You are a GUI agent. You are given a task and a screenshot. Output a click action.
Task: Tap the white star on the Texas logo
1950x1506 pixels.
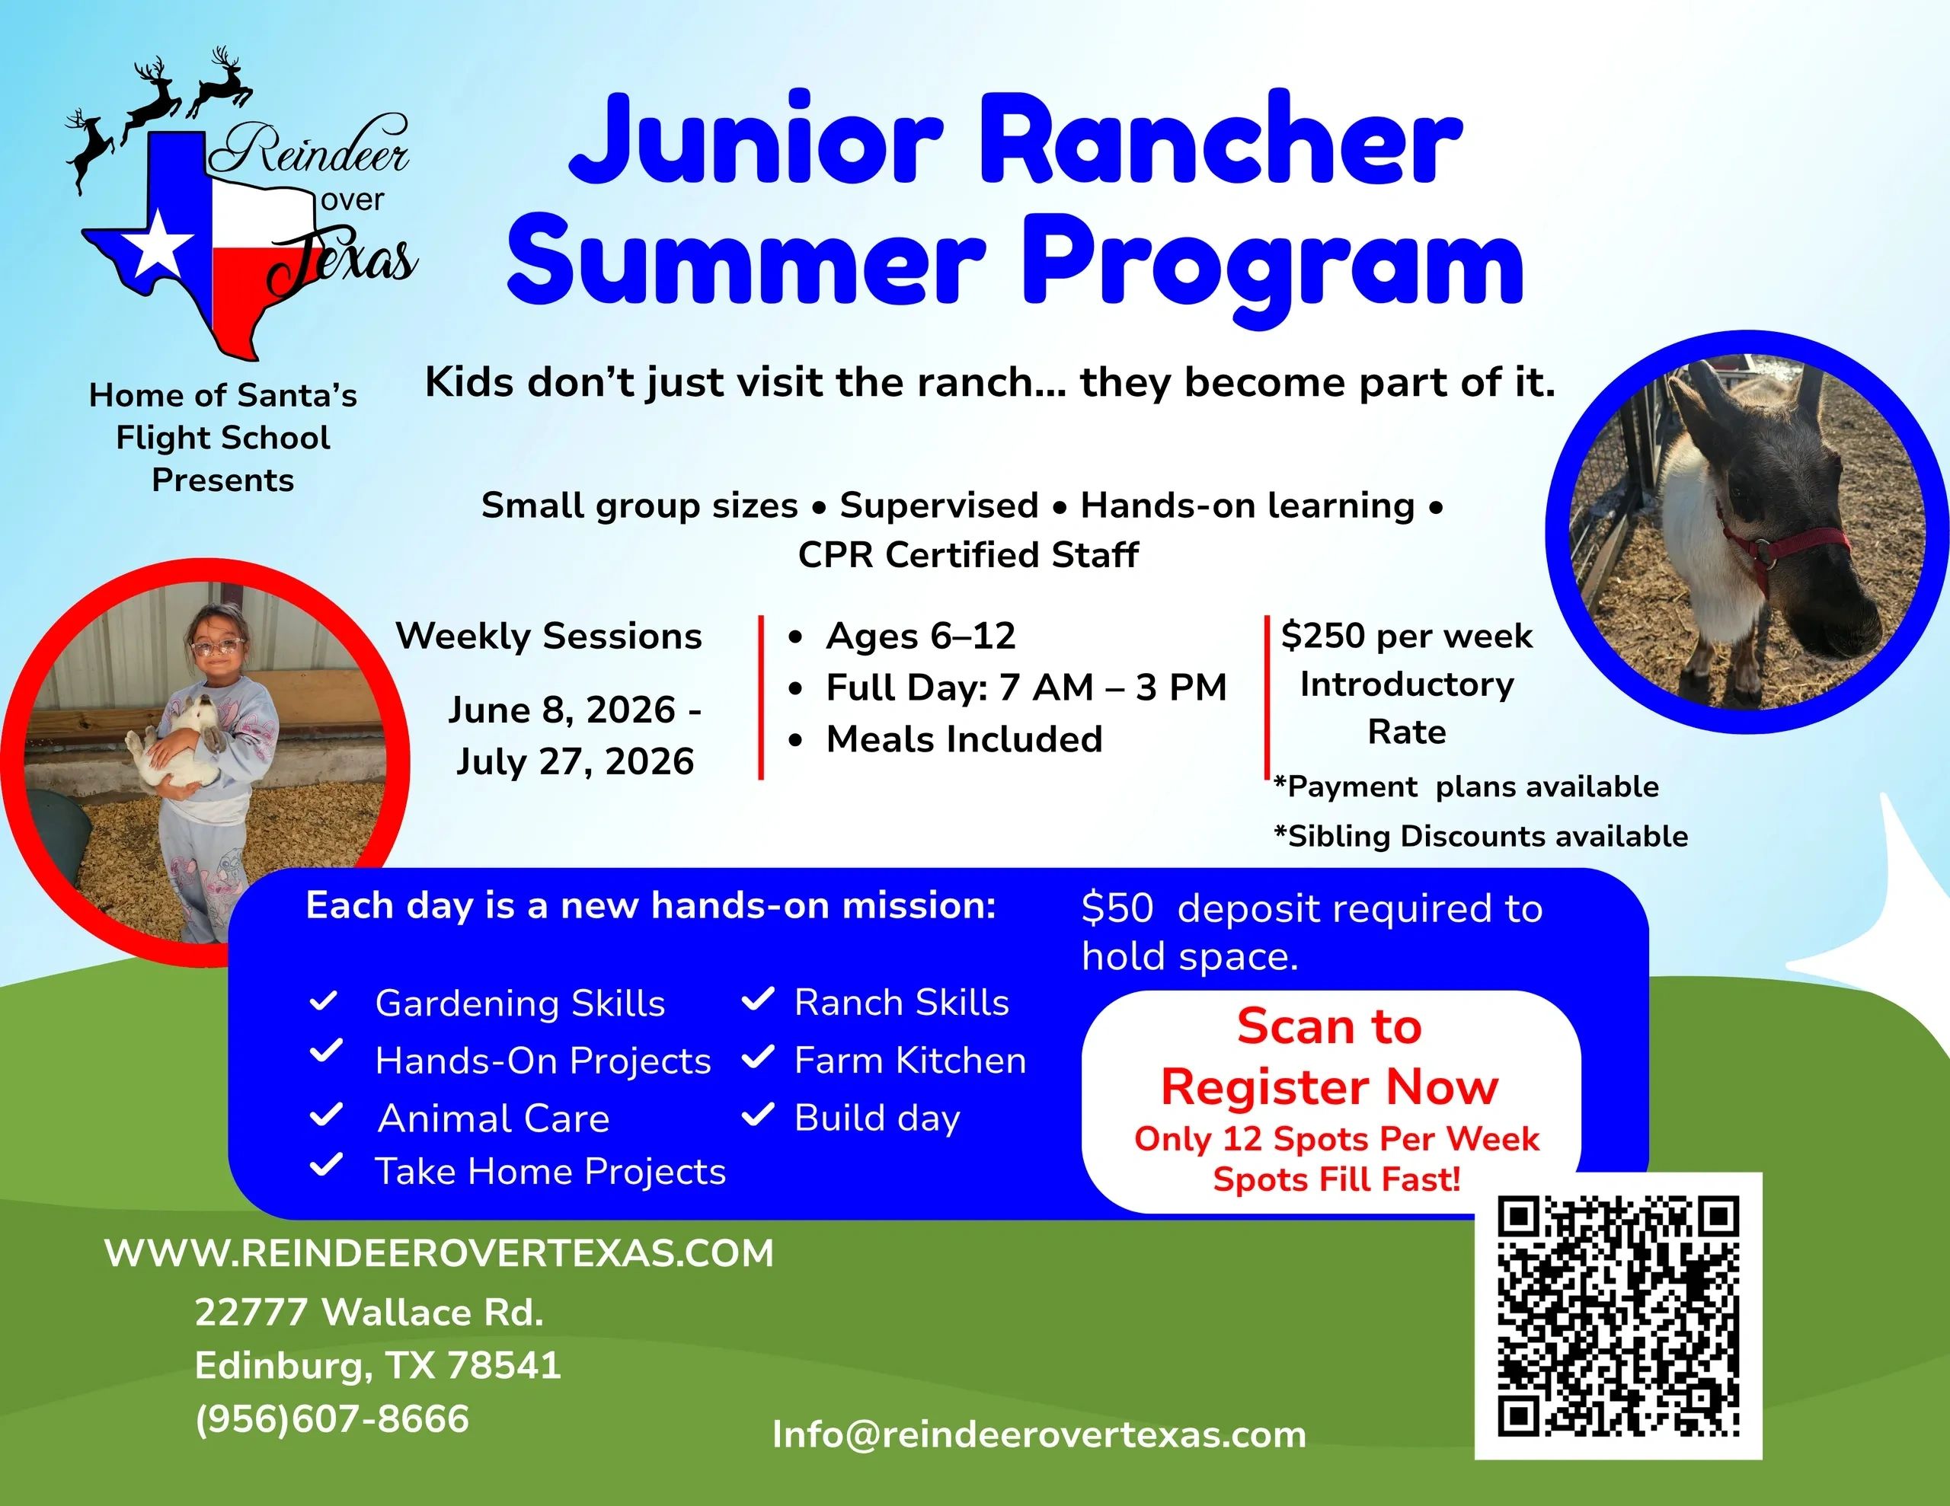[x=158, y=244]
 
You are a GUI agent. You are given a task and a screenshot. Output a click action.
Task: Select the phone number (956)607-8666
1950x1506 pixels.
[x=332, y=1418]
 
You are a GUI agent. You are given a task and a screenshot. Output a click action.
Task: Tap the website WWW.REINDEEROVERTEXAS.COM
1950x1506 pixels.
[x=440, y=1253]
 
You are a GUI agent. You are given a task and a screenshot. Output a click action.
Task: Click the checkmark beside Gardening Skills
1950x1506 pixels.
[x=322, y=1002]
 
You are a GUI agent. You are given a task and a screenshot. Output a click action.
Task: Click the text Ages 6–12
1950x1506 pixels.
[x=920, y=636]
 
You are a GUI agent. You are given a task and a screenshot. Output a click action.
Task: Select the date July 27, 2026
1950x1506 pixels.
[x=575, y=761]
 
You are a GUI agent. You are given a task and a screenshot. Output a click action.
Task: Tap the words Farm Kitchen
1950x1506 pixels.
[x=909, y=1061]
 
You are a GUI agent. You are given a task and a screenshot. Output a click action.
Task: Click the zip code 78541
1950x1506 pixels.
[x=503, y=1365]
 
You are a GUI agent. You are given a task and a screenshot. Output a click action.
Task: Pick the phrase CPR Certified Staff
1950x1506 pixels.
[x=968, y=555]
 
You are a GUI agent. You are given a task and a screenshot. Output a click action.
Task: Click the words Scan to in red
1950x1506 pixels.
[x=1328, y=1026]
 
